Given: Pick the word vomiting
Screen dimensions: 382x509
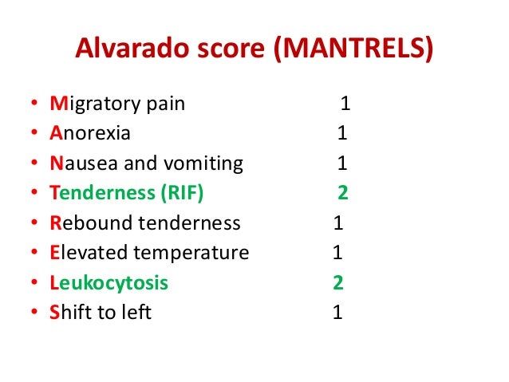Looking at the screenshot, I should pos(201,163).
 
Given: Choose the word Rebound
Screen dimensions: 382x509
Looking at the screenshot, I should pos(88,223).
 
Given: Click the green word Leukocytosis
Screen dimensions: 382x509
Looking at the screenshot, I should pos(109,283).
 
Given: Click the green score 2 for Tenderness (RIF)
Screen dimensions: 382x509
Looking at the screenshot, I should pos(343,193).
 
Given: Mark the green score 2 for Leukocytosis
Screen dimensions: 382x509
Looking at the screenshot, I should pos(338,283).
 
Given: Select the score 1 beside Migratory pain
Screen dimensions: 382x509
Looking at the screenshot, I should pos(345,104).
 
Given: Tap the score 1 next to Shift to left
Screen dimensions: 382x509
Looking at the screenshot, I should pos(337,313).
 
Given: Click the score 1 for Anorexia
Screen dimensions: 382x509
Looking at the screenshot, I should pos(341,134).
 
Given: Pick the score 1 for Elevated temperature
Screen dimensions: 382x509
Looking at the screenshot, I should pos(337,253).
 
